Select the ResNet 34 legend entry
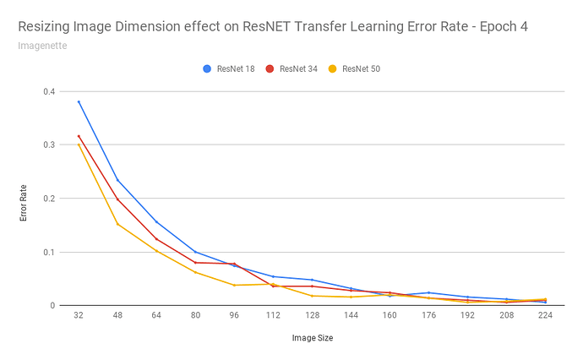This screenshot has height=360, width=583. click(297, 68)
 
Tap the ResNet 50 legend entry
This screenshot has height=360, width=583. click(362, 68)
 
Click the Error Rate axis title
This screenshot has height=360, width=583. click(24, 199)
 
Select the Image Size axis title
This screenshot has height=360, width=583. click(312, 339)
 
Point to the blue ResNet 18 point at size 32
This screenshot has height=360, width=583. click(79, 101)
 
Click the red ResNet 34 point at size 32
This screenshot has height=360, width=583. click(79, 136)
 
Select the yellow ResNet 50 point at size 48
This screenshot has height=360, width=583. click(117, 224)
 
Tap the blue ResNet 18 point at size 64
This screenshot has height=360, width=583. click(156, 222)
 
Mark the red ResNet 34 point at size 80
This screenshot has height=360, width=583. click(195, 262)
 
